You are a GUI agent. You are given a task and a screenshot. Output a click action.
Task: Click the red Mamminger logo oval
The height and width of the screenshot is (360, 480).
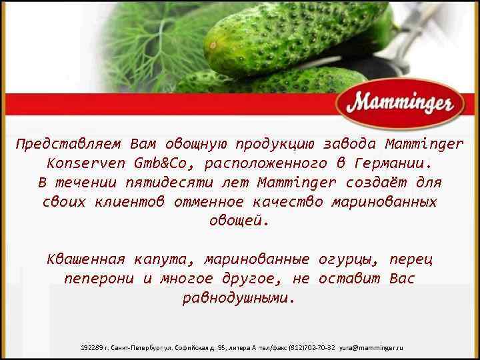(x=399, y=103)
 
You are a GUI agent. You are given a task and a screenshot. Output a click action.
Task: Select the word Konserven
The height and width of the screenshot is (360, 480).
(x=87, y=163)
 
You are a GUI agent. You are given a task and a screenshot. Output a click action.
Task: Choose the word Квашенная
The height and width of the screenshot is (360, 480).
(x=86, y=259)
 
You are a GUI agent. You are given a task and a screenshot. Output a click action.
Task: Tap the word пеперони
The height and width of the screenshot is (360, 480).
(x=99, y=278)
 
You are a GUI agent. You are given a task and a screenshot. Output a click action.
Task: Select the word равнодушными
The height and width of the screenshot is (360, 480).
(x=238, y=297)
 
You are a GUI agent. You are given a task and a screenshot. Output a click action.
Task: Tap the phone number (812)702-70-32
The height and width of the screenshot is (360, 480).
(x=311, y=349)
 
